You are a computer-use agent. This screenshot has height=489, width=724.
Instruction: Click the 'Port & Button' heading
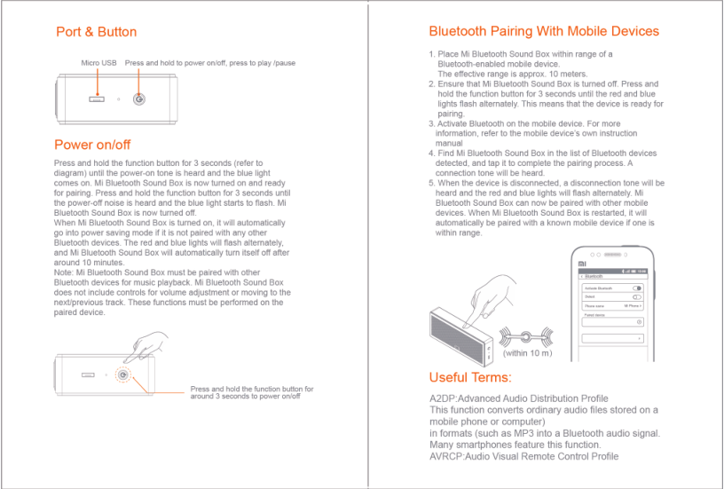click(96, 32)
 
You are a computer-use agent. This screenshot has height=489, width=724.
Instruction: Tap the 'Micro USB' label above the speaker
click(98, 63)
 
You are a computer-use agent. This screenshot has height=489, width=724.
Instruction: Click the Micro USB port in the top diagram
click(97, 98)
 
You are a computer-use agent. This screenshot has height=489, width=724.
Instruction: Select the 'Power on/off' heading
click(92, 145)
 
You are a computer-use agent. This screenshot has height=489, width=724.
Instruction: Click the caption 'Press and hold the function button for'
click(252, 389)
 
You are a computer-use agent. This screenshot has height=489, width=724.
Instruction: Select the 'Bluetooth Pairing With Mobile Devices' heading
click(544, 31)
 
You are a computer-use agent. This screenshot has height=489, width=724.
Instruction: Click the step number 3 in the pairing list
click(432, 124)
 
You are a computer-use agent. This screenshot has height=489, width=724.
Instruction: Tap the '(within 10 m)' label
click(527, 353)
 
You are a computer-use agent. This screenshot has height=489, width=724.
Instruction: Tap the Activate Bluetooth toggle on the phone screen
click(637, 288)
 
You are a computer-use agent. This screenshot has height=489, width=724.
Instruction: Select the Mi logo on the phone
click(582, 264)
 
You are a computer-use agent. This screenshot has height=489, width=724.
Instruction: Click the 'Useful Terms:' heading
click(470, 377)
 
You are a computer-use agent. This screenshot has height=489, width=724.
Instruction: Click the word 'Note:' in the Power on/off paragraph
click(66, 272)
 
